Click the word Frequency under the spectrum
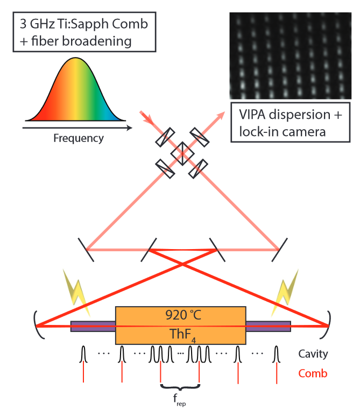(79, 138)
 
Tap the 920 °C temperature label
(183, 315)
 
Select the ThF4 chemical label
(183, 335)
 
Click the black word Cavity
(313, 354)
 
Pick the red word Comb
(313, 373)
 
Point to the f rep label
(179, 400)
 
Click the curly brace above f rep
(180, 387)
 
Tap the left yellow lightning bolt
(76, 292)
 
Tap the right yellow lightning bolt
(285, 292)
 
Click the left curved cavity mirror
(37, 325)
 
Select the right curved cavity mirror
(328, 325)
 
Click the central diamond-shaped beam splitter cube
(182, 154)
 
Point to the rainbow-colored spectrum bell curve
(75, 92)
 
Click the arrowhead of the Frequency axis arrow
(130, 128)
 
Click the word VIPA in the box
(252, 115)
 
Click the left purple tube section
(93, 327)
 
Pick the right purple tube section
(268, 327)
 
